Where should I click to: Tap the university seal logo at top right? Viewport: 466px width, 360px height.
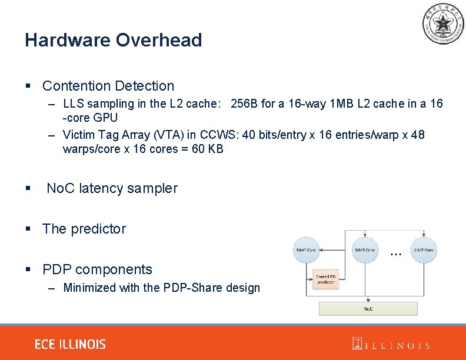pyautogui.click(x=442, y=24)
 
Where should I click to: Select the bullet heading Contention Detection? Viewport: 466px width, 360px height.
pyautogui.click(x=108, y=86)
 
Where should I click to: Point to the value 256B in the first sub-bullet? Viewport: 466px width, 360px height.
pyautogui.click(x=245, y=104)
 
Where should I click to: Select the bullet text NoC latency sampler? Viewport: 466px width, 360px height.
pyautogui.click(x=112, y=188)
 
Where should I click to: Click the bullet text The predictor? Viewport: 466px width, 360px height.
pyautogui.click(x=84, y=229)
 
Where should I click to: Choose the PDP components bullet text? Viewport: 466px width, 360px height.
pyautogui.click(x=97, y=269)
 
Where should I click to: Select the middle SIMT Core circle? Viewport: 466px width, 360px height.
pyautogui.click(x=365, y=250)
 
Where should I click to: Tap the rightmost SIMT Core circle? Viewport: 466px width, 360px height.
pyautogui.click(x=424, y=250)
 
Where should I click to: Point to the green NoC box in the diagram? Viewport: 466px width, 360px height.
pyautogui.click(x=368, y=308)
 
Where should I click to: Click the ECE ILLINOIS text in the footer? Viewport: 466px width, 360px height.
pyautogui.click(x=70, y=344)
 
